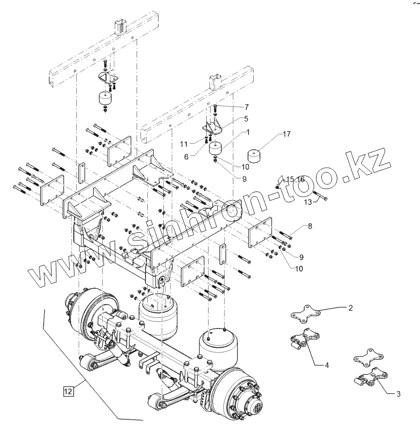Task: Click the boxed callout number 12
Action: point(67,390)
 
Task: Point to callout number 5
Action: point(246,118)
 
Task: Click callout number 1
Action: point(247,132)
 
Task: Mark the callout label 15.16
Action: point(295,179)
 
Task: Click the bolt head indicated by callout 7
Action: point(215,106)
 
